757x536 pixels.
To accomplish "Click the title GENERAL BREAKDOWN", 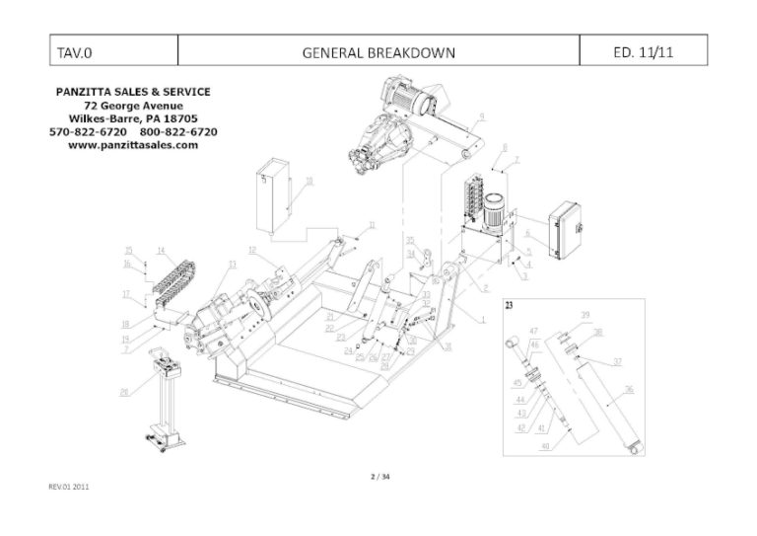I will click(378, 51).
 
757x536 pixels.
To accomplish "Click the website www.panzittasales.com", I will click(133, 144).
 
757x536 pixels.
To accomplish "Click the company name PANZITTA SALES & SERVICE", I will click(133, 92).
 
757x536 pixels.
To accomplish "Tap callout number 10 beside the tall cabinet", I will click(309, 181).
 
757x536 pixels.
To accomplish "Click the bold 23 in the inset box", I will click(509, 306).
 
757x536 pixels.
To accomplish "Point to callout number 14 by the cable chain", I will click(160, 250).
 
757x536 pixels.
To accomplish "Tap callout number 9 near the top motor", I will click(481, 116).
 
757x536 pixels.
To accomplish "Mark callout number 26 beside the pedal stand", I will click(124, 392).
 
